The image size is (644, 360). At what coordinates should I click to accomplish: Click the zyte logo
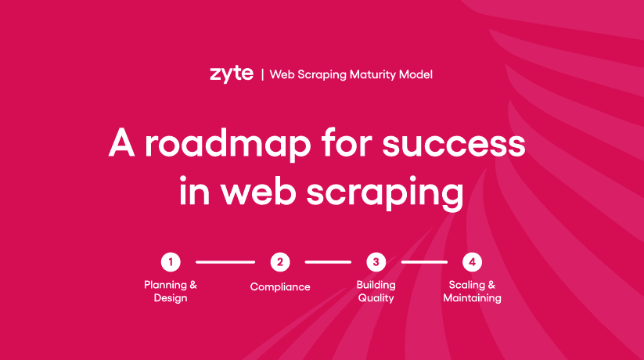pyautogui.click(x=232, y=74)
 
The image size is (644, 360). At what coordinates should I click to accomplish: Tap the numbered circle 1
pyautogui.click(x=171, y=262)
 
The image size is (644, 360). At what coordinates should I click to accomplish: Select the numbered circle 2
pyautogui.click(x=280, y=262)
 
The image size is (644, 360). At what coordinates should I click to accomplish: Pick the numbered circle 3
pyautogui.click(x=376, y=262)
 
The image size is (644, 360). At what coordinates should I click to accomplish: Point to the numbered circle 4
pyautogui.click(x=472, y=262)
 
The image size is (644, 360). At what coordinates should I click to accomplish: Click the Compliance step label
pyautogui.click(x=280, y=287)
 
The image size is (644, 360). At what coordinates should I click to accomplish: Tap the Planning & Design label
pyautogui.click(x=171, y=291)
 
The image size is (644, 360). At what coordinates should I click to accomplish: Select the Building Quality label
pyautogui.click(x=376, y=291)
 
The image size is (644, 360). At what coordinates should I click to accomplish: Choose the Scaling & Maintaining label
pyautogui.click(x=472, y=291)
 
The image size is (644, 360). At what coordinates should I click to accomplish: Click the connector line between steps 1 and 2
pyautogui.click(x=225, y=262)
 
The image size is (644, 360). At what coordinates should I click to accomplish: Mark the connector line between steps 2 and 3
pyautogui.click(x=328, y=262)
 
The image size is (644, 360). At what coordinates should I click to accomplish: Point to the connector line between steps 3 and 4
pyautogui.click(x=424, y=262)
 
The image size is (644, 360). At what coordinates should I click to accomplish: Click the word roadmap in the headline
pyautogui.click(x=228, y=144)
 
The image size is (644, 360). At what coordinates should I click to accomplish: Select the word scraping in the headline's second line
pyautogui.click(x=385, y=193)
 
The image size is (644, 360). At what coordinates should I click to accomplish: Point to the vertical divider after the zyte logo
pyautogui.click(x=262, y=75)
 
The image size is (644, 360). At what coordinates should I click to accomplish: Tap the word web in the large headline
pyautogui.click(x=258, y=191)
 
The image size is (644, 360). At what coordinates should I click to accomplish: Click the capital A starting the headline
pyautogui.click(x=121, y=142)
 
